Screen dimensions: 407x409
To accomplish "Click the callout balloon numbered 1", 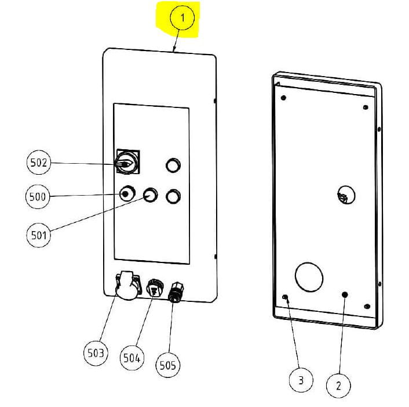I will click(x=182, y=19).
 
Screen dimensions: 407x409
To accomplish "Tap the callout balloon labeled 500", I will click(x=38, y=197).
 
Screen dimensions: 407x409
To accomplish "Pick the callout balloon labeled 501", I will click(x=39, y=235).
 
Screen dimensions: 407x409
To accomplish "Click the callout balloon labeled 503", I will click(x=96, y=352).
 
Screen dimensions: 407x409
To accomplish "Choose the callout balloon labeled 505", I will click(x=168, y=365).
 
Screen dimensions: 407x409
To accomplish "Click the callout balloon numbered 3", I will click(x=301, y=381).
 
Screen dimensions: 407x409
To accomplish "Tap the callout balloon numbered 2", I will click(x=339, y=384).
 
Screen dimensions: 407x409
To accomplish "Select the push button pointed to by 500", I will click(x=126, y=194).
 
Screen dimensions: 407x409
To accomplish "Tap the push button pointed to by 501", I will click(x=150, y=195).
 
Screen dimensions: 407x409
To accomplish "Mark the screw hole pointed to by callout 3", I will click(x=285, y=298).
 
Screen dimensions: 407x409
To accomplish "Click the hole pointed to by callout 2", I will click(x=345, y=295).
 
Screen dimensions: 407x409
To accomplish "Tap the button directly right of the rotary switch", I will click(x=172, y=165).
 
